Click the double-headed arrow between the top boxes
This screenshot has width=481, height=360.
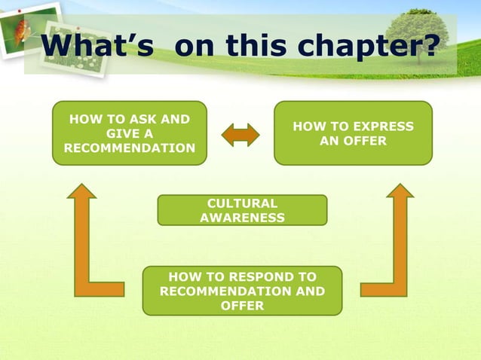pos(240,135)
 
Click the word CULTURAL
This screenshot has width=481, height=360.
pos(242,203)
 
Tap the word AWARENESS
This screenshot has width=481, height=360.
pos(242,218)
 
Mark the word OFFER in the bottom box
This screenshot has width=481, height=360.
pos(242,305)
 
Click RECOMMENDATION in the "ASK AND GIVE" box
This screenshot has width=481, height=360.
pos(129,148)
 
